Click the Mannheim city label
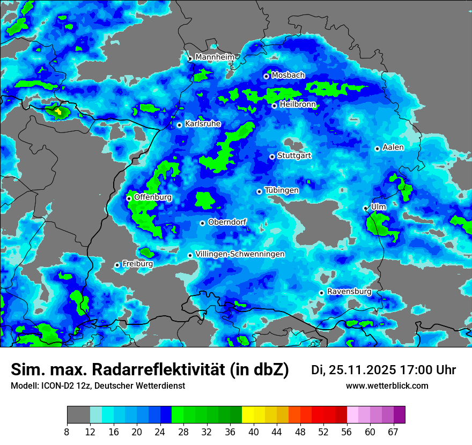(x=215, y=57)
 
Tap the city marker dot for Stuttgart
(x=272, y=157)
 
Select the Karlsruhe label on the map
(x=203, y=124)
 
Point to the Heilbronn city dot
(x=274, y=106)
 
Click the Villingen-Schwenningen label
(x=240, y=254)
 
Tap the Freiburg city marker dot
(x=117, y=265)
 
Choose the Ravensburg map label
(x=349, y=292)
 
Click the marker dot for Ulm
(x=366, y=208)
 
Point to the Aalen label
(x=393, y=147)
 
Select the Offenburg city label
(x=153, y=197)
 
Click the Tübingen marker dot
(x=260, y=191)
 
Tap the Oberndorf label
(x=227, y=222)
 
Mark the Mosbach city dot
(x=266, y=76)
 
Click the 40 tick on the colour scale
(x=254, y=432)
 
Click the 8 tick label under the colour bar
(x=67, y=432)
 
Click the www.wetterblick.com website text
(x=387, y=385)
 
